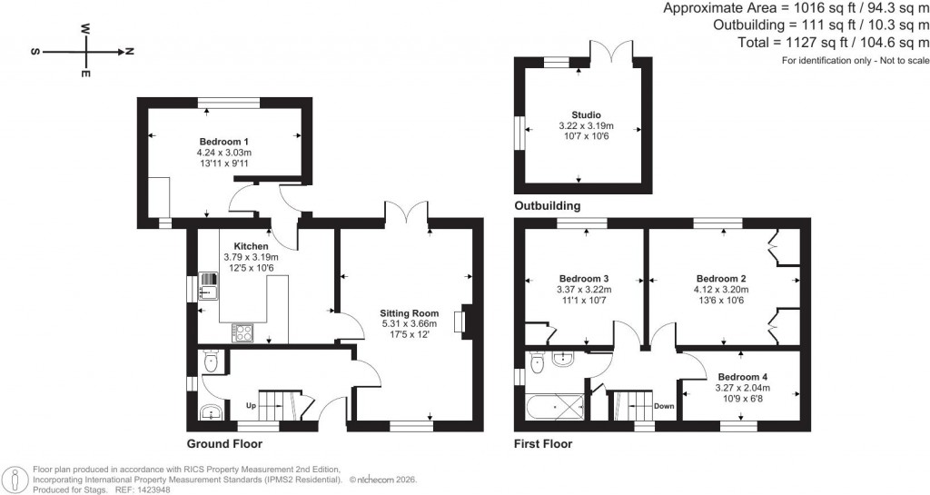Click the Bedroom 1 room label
point(223,142)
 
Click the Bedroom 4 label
point(742,377)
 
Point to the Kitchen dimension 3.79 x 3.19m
point(251,257)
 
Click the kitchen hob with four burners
point(242,333)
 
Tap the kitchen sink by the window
point(207,288)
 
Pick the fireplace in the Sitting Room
point(466,323)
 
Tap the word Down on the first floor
point(664,406)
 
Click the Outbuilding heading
point(547,206)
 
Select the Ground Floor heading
point(224,444)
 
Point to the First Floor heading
point(543,444)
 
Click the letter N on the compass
point(129,52)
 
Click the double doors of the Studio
point(604,52)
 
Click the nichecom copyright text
point(393,479)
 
